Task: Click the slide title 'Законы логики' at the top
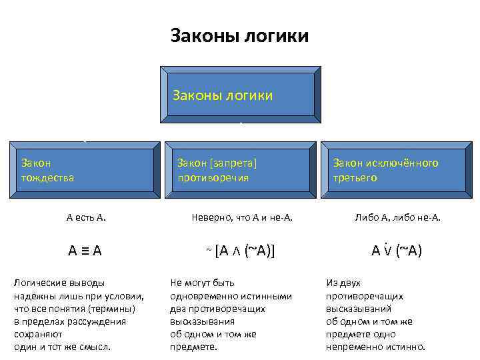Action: coord(240,35)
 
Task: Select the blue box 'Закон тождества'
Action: coord(85,170)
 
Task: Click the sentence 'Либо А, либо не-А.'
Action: coord(397,217)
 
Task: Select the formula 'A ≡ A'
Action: coord(85,251)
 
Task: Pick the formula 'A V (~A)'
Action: coord(397,251)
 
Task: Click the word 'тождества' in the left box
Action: coord(47,178)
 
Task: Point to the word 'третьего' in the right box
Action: coord(355,178)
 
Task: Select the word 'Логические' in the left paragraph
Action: coord(41,283)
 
